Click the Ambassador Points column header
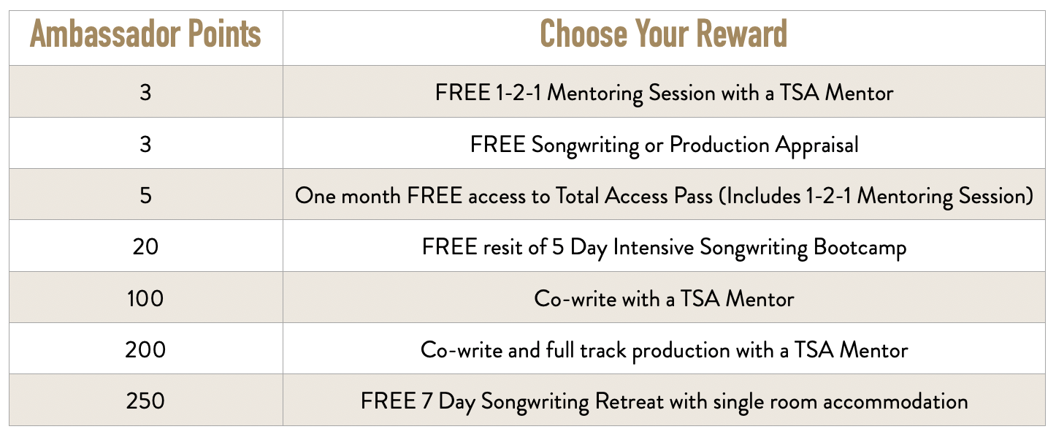145,34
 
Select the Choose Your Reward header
663,34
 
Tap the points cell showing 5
145,195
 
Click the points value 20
145,246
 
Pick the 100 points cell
145,298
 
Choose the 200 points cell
145,350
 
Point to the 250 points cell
145,401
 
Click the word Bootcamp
860,248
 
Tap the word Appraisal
817,145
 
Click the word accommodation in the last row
896,402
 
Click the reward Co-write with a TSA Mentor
664,299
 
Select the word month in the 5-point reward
370,196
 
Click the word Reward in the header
741,34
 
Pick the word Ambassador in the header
105,34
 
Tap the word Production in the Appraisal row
719,144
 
